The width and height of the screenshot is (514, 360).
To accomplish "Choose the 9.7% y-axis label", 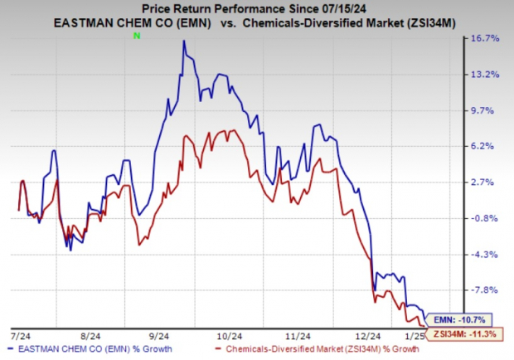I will tap(484, 110).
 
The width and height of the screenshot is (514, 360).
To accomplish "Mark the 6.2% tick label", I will tap(484, 146).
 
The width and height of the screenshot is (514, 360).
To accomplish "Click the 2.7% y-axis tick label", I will tap(484, 182).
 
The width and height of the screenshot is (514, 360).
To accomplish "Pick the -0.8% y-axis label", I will tap(484, 218).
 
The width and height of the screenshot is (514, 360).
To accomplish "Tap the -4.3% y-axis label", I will tap(484, 255).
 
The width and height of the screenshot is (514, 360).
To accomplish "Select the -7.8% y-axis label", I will tap(484, 290).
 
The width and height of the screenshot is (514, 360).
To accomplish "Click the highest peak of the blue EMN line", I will tap(183, 41).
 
